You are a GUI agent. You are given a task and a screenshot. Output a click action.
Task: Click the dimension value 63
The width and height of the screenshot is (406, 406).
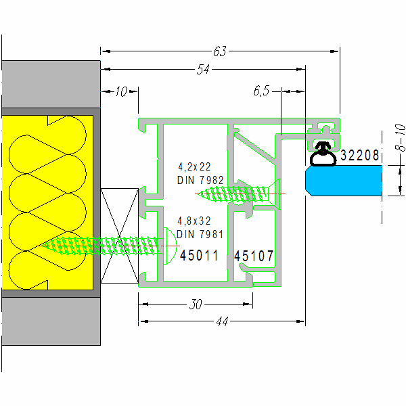[219, 50]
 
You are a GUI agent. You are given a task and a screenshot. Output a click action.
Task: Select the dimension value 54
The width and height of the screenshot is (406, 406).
[202, 69]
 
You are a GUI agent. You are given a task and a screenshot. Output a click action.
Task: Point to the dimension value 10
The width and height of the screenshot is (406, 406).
[120, 92]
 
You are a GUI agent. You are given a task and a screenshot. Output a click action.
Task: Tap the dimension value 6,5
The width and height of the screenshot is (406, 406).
[261, 90]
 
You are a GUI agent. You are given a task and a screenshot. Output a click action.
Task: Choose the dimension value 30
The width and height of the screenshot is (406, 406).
[196, 304]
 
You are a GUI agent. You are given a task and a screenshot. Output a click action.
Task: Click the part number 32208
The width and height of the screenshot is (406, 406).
[359, 156]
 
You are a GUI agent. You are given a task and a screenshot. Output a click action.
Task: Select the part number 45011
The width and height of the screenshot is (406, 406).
[199, 256]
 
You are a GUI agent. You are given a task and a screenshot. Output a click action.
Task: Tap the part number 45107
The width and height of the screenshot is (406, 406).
[254, 256]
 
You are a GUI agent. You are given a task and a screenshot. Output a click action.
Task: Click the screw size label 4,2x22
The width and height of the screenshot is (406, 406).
[194, 166]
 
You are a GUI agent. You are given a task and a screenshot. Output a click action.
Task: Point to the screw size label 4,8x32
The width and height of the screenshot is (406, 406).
[194, 221]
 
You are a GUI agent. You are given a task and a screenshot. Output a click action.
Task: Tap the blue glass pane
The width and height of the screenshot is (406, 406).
[343, 181]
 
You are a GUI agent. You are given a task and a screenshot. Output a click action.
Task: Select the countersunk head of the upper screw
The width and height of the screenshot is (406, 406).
[274, 194]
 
